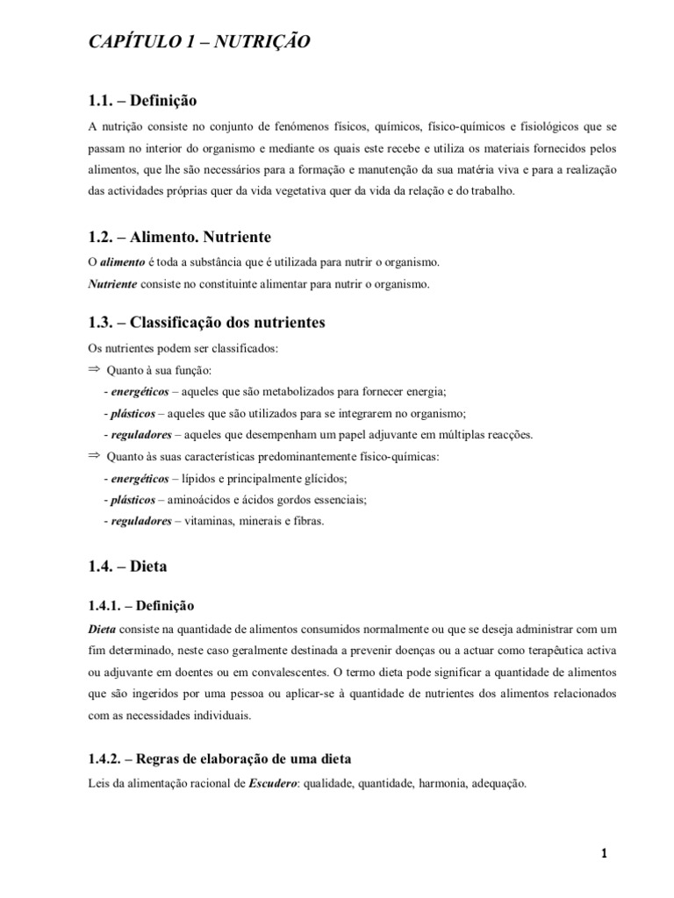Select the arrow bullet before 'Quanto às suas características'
pos(95,456)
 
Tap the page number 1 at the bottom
pos(605,853)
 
